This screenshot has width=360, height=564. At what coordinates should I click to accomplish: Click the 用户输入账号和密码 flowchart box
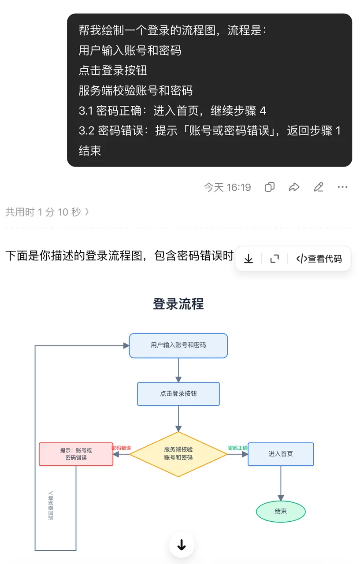click(178, 345)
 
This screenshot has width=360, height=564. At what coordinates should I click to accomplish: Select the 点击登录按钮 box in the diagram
click(178, 394)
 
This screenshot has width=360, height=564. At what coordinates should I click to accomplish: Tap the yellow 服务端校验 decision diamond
click(178, 454)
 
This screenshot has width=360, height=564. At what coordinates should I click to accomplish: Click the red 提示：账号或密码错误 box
click(76, 454)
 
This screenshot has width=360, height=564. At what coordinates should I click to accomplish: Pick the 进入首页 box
click(281, 454)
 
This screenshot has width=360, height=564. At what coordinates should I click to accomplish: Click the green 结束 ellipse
click(281, 512)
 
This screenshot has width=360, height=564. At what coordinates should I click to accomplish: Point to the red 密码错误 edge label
click(121, 448)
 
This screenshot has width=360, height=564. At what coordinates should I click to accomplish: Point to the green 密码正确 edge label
click(238, 448)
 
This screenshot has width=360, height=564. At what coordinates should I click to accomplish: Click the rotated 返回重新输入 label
click(51, 505)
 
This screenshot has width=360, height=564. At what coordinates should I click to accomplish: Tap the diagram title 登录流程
click(178, 304)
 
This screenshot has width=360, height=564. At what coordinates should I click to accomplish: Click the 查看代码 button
click(319, 259)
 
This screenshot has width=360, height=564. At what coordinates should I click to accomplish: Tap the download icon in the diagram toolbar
click(249, 259)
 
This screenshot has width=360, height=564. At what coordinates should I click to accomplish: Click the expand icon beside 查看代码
click(275, 259)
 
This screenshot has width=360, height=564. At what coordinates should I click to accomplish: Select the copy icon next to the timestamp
click(270, 187)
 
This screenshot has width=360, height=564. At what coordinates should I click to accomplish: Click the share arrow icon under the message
click(294, 187)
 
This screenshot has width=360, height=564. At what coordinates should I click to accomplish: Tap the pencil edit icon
click(319, 187)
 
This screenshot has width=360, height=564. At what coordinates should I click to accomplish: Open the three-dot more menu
click(343, 187)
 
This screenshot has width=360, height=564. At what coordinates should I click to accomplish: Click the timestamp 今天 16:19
click(227, 187)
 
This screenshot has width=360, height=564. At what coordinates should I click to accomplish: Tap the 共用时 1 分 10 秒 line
click(47, 212)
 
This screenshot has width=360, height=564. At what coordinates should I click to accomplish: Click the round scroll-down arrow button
click(182, 545)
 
